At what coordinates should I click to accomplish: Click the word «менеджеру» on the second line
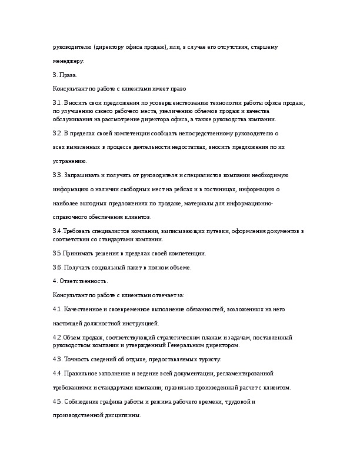click(68, 61)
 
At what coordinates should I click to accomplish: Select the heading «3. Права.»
click(65, 75)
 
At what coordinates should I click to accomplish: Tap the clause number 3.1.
click(57, 103)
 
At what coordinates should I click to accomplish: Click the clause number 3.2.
click(57, 134)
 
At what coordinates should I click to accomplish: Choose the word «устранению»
click(70, 161)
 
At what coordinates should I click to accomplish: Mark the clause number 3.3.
click(58, 175)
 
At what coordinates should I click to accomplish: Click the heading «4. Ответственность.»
click(80, 281)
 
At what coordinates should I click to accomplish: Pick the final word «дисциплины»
click(124, 415)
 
